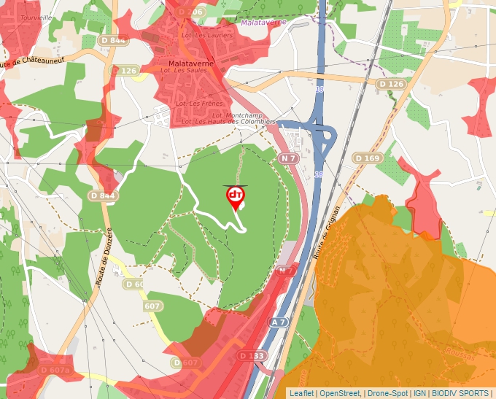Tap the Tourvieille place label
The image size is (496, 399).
tap(37, 17)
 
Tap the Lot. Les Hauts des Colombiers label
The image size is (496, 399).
tap(228, 122)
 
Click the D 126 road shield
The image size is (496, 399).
tap(390, 84)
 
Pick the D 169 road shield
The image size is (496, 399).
tap(367, 158)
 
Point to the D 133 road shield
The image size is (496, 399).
tap(252, 355)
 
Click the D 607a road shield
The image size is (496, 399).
tap(57, 371)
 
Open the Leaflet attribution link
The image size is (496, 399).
tap(301, 393)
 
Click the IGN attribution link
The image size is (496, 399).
tap(420, 393)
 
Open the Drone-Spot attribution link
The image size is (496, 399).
tap(387, 393)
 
